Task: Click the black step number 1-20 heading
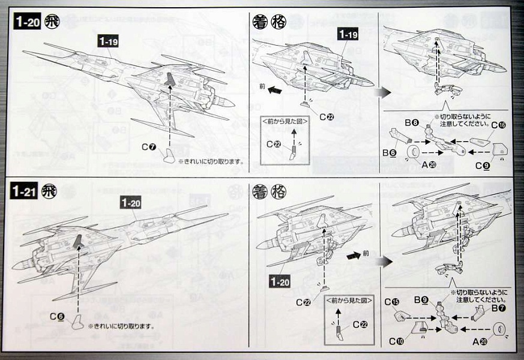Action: (26, 22)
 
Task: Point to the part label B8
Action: (411, 122)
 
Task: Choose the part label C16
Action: (498, 125)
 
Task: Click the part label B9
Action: (421, 299)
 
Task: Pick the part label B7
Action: (498, 308)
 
